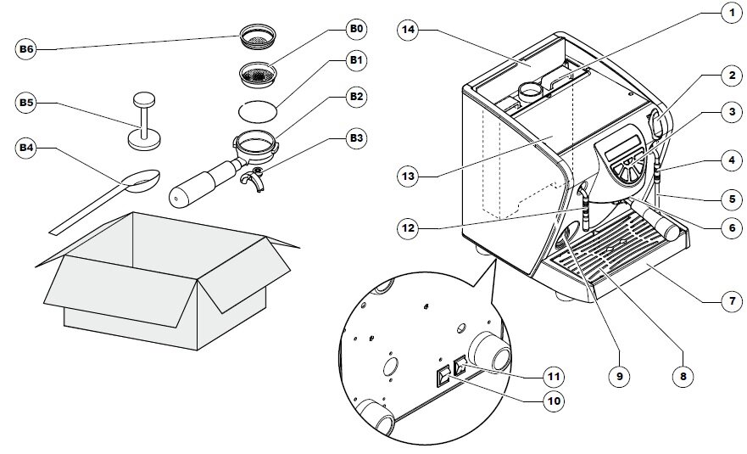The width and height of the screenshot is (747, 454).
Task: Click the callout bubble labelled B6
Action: (26, 50)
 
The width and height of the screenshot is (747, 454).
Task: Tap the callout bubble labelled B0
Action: (356, 30)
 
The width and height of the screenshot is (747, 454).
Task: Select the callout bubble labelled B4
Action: (26, 149)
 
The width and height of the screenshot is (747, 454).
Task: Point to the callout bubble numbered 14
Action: (409, 30)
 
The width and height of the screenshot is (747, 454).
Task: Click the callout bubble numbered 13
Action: (409, 176)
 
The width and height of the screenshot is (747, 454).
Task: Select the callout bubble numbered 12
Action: (409, 227)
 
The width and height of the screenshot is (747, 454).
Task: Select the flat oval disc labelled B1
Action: (259, 110)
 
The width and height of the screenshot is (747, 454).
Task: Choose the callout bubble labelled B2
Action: (356, 97)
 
